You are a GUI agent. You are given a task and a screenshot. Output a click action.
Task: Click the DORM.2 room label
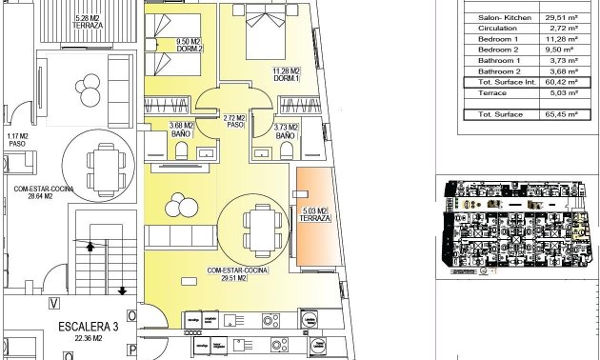(188, 45)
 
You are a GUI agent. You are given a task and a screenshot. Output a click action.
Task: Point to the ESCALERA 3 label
(88, 328)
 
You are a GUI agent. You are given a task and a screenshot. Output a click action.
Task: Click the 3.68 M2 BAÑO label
(181, 130)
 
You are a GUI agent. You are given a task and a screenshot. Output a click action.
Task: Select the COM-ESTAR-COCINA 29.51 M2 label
(237, 274)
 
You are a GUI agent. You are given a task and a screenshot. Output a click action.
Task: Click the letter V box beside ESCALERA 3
(54, 305)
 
